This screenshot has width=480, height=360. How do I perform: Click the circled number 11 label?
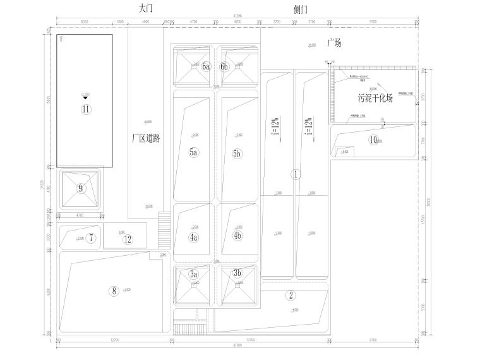click(x=86, y=109)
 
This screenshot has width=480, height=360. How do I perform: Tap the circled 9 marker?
click(x=80, y=188)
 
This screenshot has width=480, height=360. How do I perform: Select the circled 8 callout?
click(x=114, y=291)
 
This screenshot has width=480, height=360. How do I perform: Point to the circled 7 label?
click(x=92, y=238)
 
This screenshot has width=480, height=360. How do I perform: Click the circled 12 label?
click(x=128, y=239)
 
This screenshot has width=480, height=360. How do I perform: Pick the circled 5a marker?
click(x=194, y=152)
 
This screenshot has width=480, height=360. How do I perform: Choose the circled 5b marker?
click(x=237, y=153)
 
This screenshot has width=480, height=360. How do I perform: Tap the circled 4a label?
click(x=194, y=237)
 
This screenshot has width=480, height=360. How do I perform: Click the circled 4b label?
click(x=237, y=236)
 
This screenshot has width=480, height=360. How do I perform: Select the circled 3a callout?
click(x=194, y=273)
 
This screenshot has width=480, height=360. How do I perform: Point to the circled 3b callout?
click(x=237, y=273)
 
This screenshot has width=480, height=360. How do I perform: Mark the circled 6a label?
click(x=206, y=66)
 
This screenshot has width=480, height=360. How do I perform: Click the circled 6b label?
click(x=224, y=66)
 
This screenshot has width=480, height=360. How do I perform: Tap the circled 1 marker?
click(x=295, y=174)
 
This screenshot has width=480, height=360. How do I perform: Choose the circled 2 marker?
click(x=291, y=295)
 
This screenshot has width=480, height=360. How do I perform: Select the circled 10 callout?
click(x=374, y=140)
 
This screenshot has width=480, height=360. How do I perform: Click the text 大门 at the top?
click(x=145, y=8)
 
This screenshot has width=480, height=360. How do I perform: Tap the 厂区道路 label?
click(x=146, y=138)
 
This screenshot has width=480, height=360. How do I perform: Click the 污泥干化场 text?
click(x=375, y=99)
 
